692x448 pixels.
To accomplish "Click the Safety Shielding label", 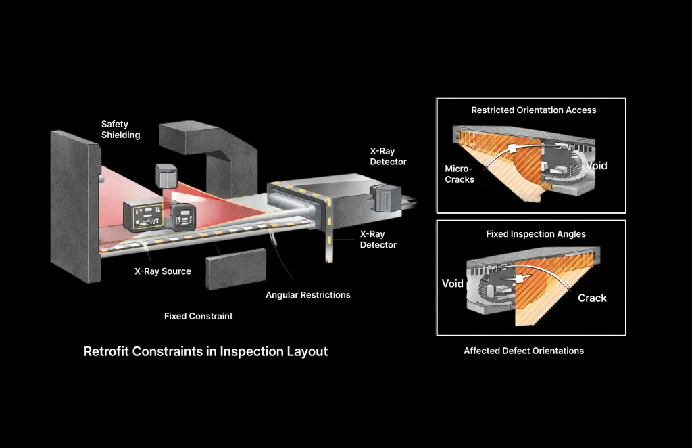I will click(120, 129).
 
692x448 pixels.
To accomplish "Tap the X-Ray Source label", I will click(162, 271).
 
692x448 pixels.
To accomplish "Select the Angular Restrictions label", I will click(307, 295).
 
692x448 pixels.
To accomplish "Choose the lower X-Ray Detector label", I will click(378, 240).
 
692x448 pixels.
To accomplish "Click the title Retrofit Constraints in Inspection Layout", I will click(205, 352).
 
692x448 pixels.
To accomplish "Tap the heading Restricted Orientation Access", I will click(533, 110).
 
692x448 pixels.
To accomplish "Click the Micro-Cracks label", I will click(460, 174).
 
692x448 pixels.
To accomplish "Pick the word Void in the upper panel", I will click(597, 165).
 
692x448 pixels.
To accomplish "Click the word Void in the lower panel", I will click(452, 284).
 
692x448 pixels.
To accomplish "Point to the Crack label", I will click(592, 298).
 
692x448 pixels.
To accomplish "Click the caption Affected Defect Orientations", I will click(524, 351).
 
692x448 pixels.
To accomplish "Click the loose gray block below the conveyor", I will click(236, 269).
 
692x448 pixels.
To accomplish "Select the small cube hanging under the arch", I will click(166, 176).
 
